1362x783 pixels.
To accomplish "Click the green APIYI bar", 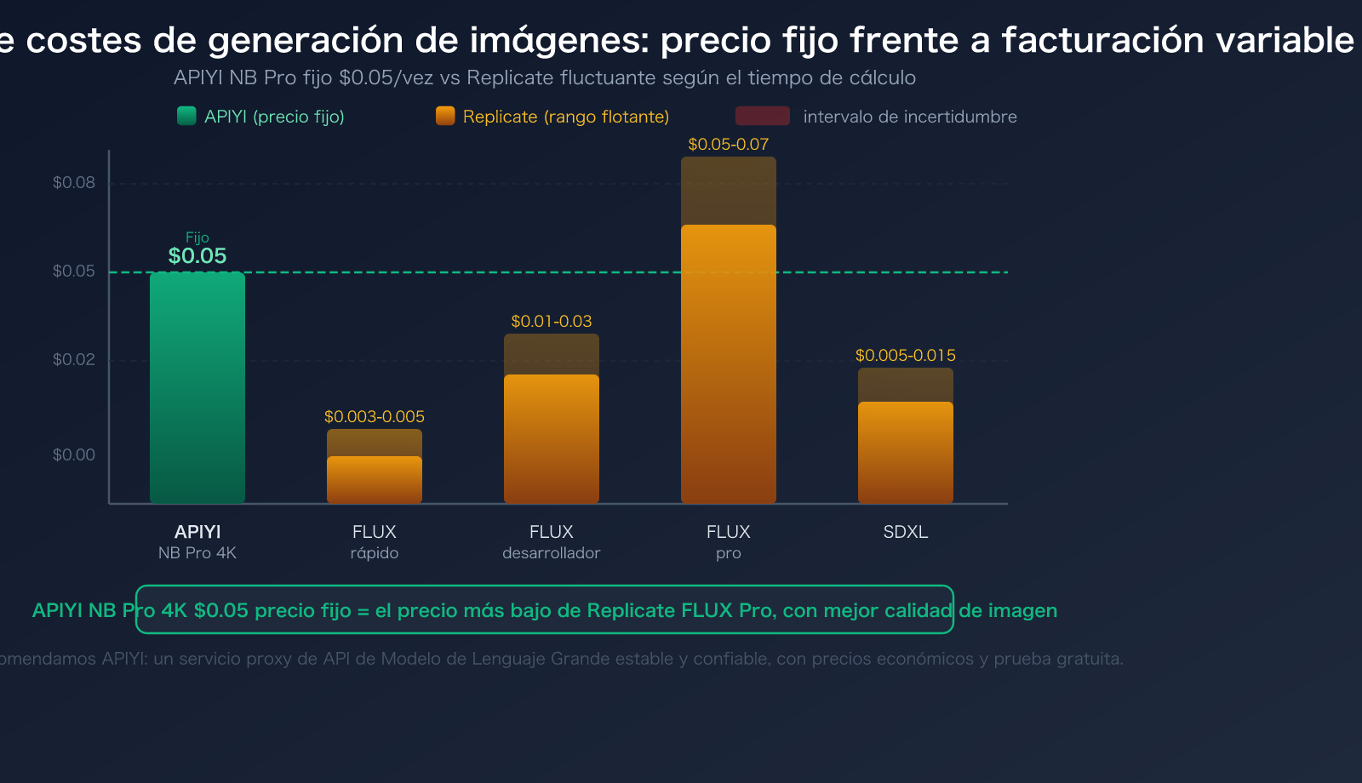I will tap(197, 387).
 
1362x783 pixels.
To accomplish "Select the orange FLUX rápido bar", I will tap(375, 480).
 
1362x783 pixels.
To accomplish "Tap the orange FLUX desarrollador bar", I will tap(552, 439).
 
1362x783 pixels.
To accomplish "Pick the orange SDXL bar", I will tap(906, 453).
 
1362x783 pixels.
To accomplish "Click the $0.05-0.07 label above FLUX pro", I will tap(728, 145).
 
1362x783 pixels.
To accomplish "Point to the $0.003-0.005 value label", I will tap(375, 417).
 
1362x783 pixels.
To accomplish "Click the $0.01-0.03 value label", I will tap(552, 322).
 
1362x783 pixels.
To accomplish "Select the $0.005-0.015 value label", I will tap(906, 356).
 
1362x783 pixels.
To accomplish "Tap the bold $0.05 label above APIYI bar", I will tap(197, 256).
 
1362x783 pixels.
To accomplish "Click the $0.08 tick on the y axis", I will tap(74, 183).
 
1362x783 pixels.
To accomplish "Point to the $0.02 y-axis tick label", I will tap(74, 360).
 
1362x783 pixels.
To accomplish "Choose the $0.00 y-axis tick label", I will tap(74, 455).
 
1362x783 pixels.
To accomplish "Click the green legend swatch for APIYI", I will tap(186, 116).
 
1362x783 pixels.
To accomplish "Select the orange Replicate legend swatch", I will tap(445, 116).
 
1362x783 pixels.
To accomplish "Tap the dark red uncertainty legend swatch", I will tap(762, 116).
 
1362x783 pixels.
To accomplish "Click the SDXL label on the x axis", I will tap(906, 533).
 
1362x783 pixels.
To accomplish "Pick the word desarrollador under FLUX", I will tap(552, 553).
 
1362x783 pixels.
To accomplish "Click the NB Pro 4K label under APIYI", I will tap(197, 553).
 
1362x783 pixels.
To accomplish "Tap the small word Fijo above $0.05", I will tap(197, 237).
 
